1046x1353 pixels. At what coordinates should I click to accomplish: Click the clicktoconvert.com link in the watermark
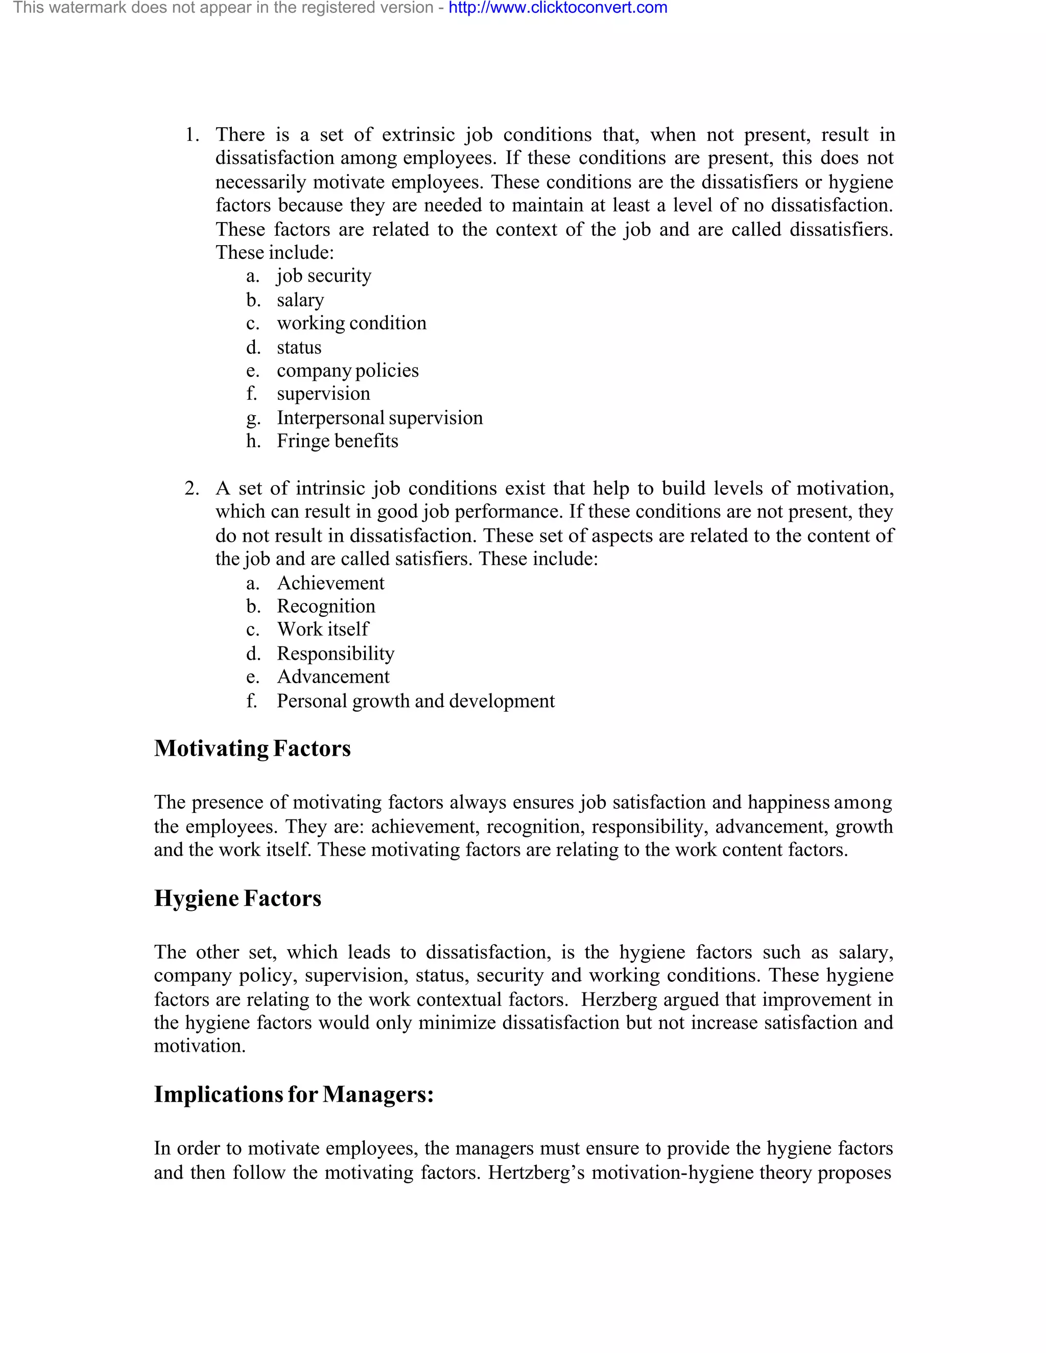558,8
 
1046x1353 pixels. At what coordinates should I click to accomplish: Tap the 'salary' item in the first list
300,300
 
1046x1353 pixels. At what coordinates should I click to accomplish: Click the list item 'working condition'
351,323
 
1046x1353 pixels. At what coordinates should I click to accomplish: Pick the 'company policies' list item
348,371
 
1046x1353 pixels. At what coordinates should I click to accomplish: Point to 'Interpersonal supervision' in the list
379,418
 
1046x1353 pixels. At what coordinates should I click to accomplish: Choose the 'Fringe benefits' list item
337,441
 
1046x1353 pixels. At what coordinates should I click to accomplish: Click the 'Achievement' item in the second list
330,583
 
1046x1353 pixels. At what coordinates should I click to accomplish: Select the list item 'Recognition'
326,607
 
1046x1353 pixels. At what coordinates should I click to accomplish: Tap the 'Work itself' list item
322,630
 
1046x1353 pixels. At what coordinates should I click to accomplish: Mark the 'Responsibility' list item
335,654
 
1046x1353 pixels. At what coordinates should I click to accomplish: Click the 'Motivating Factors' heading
252,748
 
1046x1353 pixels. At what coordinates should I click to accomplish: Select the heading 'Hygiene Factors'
237,898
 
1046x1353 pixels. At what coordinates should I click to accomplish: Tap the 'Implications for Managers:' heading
294,1095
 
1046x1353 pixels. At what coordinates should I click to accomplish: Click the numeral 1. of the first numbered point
192,135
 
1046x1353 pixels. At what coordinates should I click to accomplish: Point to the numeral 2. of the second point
192,489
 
